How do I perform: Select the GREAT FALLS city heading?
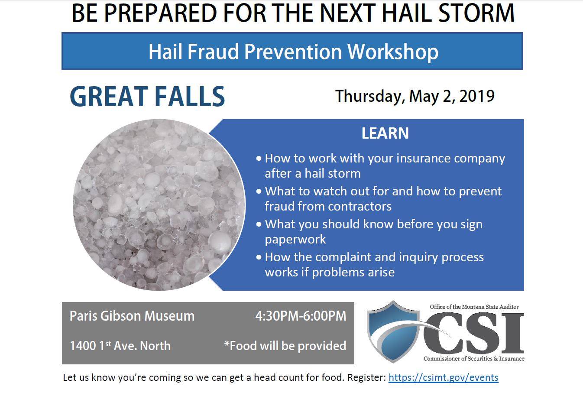(147, 96)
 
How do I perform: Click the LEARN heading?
(385, 133)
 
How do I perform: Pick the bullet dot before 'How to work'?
(259, 158)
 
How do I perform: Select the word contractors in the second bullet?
(360, 206)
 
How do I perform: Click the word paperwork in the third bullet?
(295, 240)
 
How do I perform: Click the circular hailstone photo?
(159, 204)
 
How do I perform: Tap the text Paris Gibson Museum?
(132, 316)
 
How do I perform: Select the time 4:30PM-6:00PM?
(301, 316)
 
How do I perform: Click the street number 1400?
(83, 346)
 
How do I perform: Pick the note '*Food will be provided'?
(285, 346)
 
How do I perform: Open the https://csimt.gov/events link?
(443, 377)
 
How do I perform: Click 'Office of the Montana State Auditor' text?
(474, 307)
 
